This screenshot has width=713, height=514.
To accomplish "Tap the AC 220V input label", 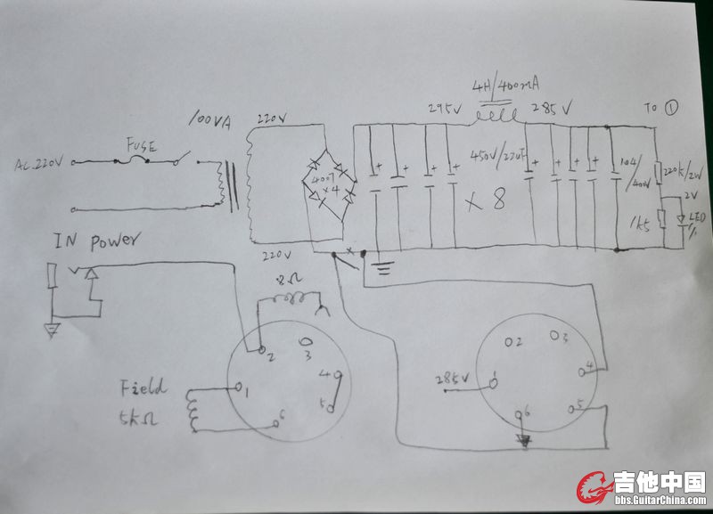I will click(x=40, y=164).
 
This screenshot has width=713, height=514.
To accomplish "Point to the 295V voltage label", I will click(x=444, y=109).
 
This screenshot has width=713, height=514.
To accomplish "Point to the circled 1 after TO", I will click(x=672, y=107).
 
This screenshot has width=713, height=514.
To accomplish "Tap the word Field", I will click(x=142, y=388).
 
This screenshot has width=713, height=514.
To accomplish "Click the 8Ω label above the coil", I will click(x=291, y=280).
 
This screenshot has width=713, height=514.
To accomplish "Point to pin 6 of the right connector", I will click(x=524, y=412).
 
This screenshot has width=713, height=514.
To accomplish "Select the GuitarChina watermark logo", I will click(x=642, y=488).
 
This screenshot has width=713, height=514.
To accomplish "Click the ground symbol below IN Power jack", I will click(x=52, y=330).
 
